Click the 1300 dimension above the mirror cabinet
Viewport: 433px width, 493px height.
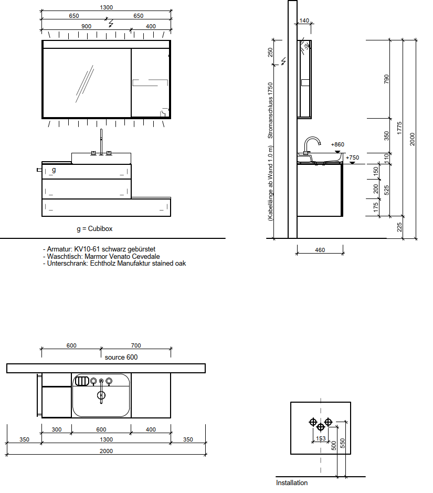106,7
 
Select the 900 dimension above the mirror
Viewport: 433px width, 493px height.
87,26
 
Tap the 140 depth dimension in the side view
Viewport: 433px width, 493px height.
304,20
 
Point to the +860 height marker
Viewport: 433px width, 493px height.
337,144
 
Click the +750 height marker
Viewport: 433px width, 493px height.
352,158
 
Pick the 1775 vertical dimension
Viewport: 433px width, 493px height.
399,128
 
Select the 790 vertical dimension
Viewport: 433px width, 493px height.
386,79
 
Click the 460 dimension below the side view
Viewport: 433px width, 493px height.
320,250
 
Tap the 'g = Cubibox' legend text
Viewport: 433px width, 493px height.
94,229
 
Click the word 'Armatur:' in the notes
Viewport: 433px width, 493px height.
60,249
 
